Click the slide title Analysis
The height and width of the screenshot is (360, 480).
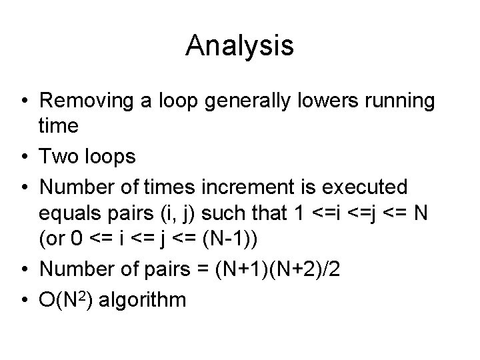pos(240,46)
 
